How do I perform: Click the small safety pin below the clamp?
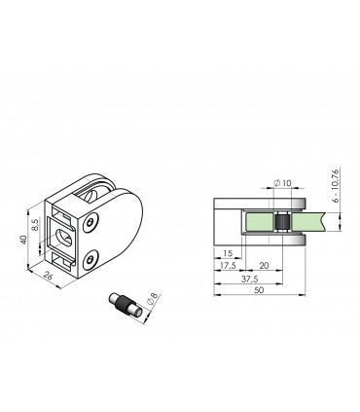tap(127, 306)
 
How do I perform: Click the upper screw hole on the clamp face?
tap(90, 224)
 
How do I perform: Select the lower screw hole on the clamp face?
tap(90, 259)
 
